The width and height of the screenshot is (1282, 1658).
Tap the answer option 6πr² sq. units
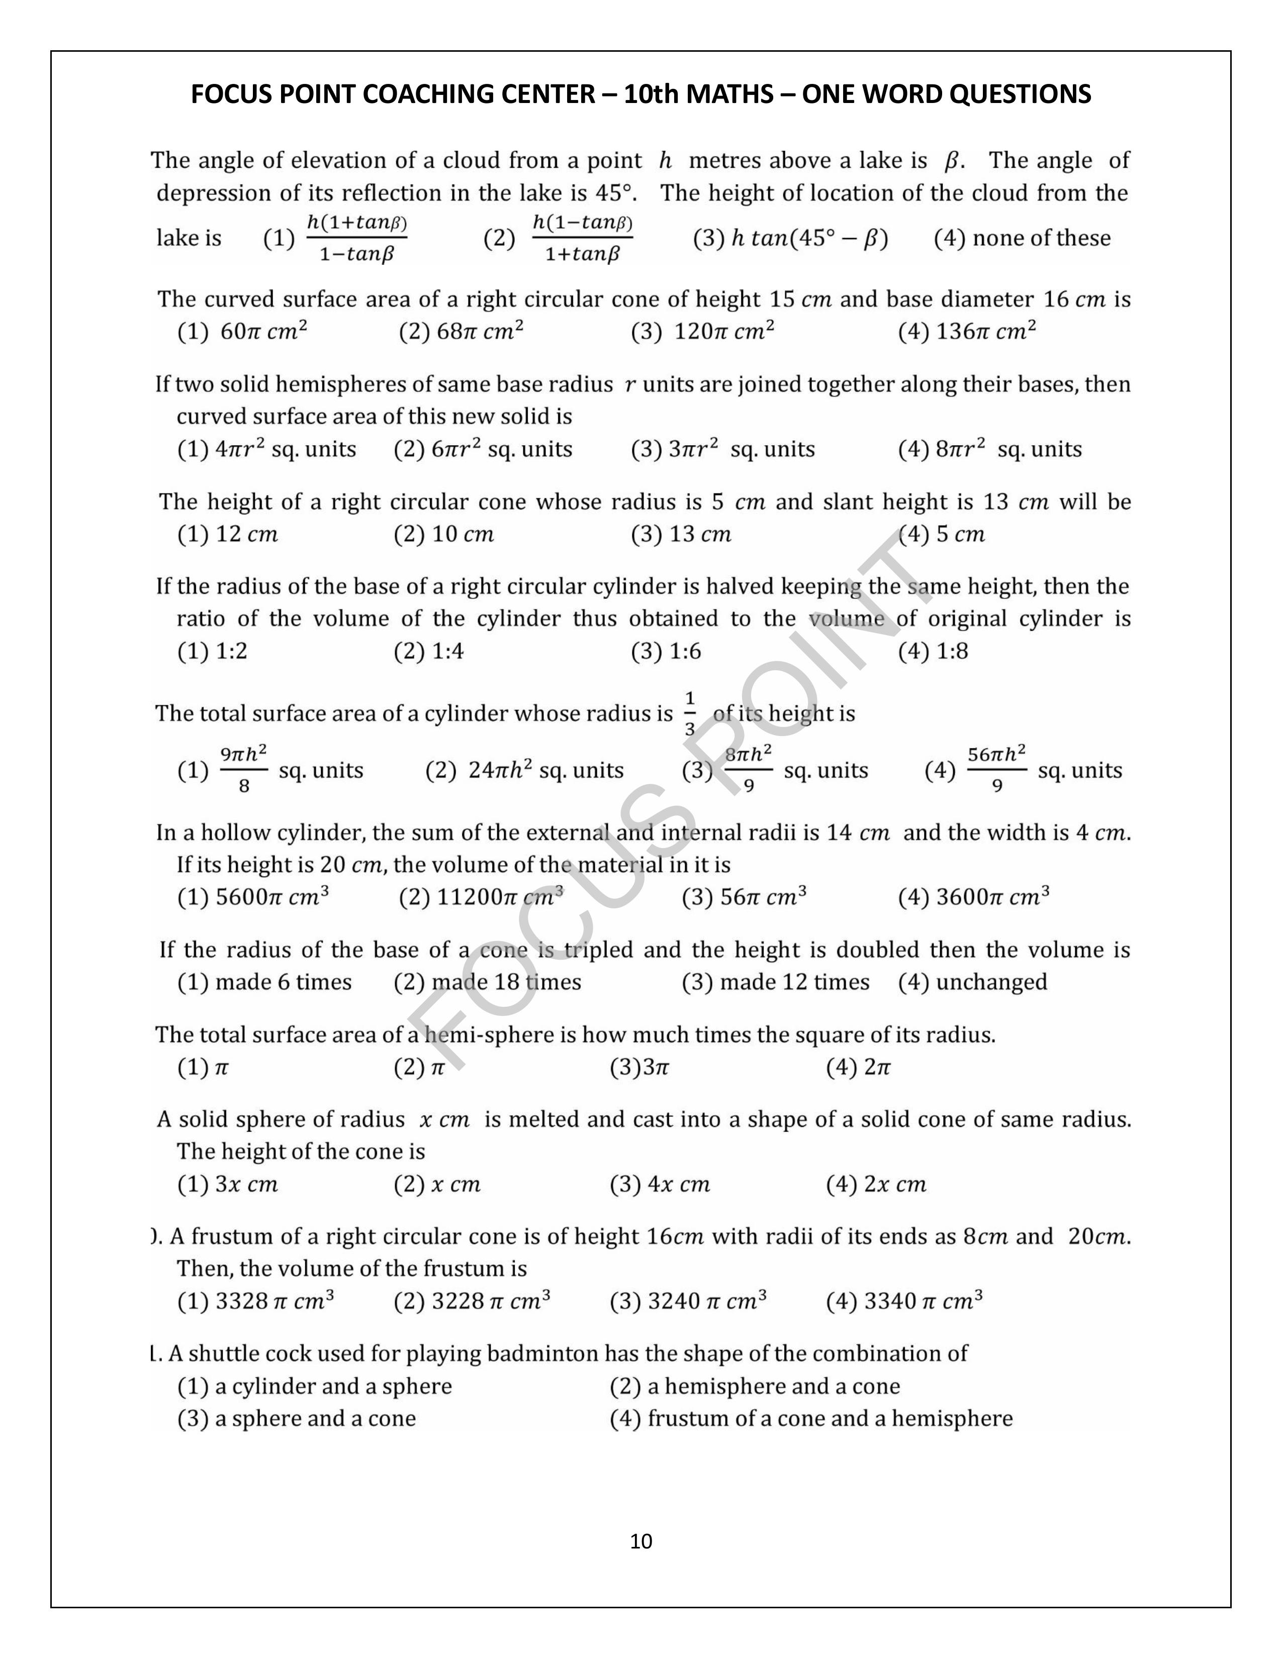[483, 450]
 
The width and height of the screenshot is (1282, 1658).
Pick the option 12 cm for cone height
[228, 535]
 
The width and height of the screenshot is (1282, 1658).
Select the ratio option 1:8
[934, 651]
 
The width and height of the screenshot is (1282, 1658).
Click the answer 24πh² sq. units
[524, 771]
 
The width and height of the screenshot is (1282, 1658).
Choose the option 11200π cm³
[482, 897]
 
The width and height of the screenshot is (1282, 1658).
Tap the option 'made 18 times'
[488, 982]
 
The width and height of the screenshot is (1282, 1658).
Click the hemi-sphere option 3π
[639, 1067]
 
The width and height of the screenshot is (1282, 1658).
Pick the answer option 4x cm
[660, 1184]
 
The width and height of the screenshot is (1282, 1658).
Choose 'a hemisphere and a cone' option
[755, 1386]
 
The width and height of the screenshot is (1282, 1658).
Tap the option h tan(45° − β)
[791, 238]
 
